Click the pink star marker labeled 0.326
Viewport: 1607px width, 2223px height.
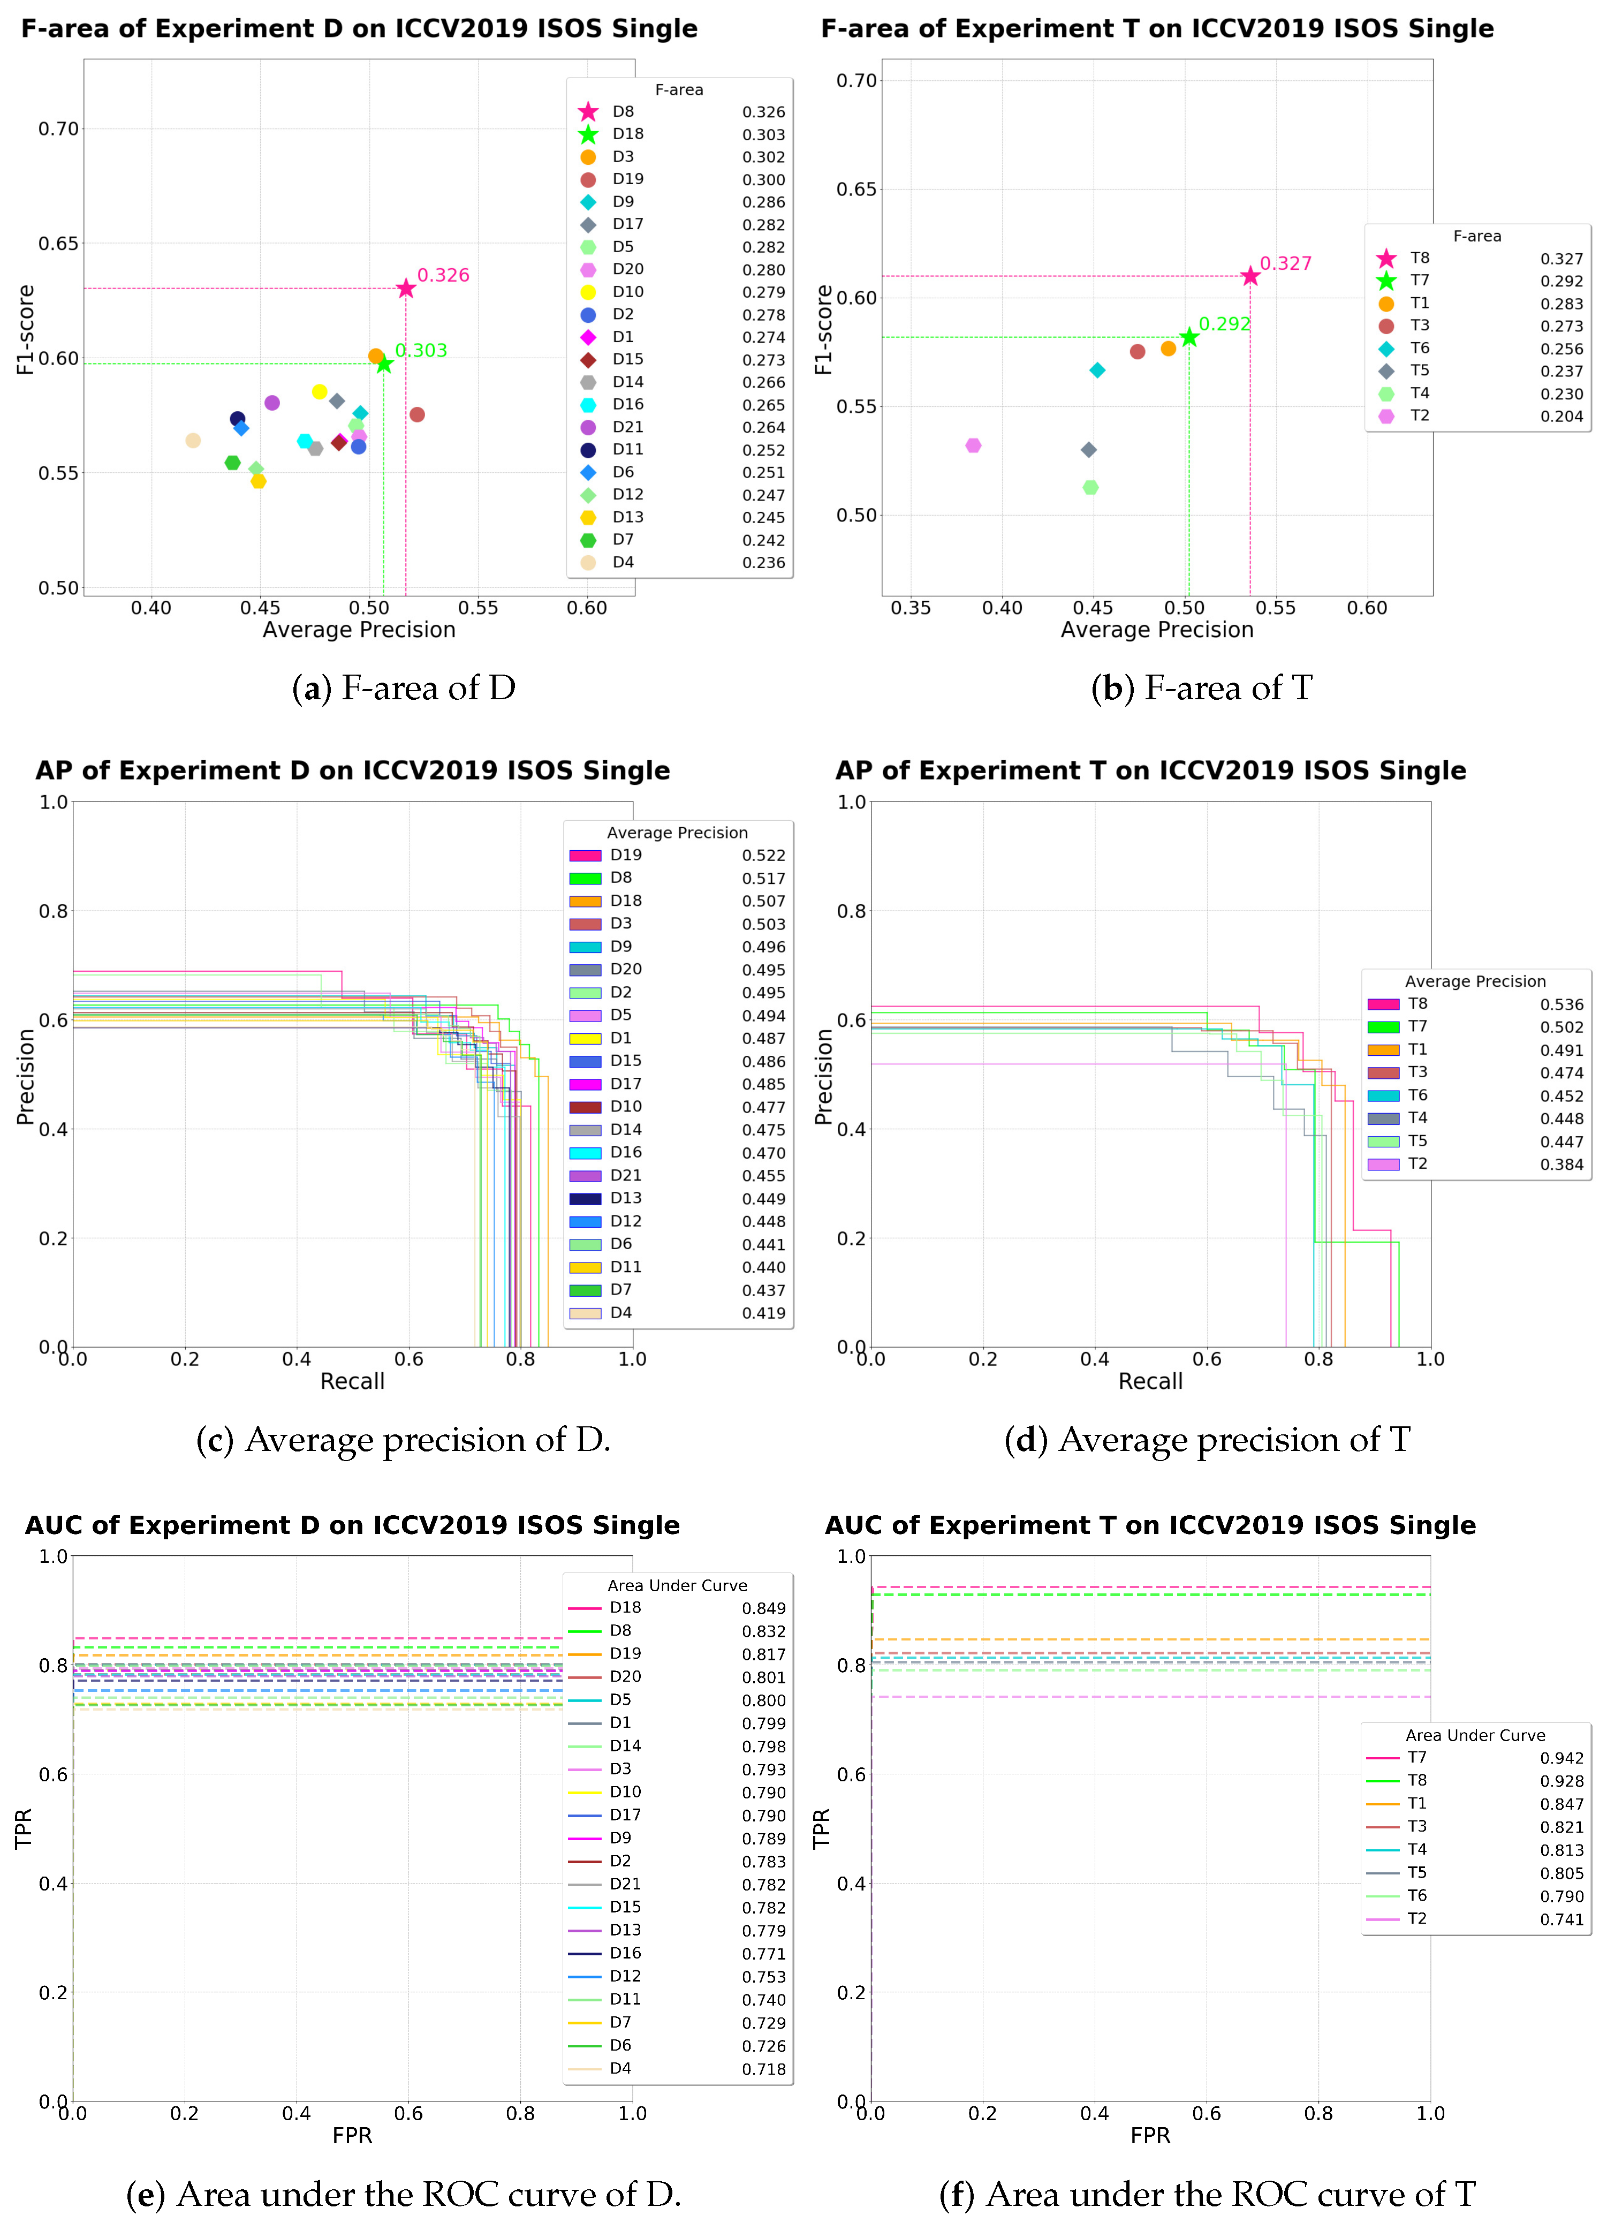click(x=406, y=288)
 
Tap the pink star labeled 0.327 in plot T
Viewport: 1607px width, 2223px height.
click(x=1249, y=276)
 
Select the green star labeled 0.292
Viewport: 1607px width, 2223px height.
click(x=1188, y=337)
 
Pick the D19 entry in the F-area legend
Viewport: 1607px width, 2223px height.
click(x=627, y=179)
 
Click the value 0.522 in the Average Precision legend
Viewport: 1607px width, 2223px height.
click(x=763, y=856)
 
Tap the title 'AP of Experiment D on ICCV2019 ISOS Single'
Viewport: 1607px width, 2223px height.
click(x=353, y=772)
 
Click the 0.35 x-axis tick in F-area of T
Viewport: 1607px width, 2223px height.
click(x=911, y=608)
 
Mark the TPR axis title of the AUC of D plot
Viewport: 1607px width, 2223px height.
click(x=25, y=1829)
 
